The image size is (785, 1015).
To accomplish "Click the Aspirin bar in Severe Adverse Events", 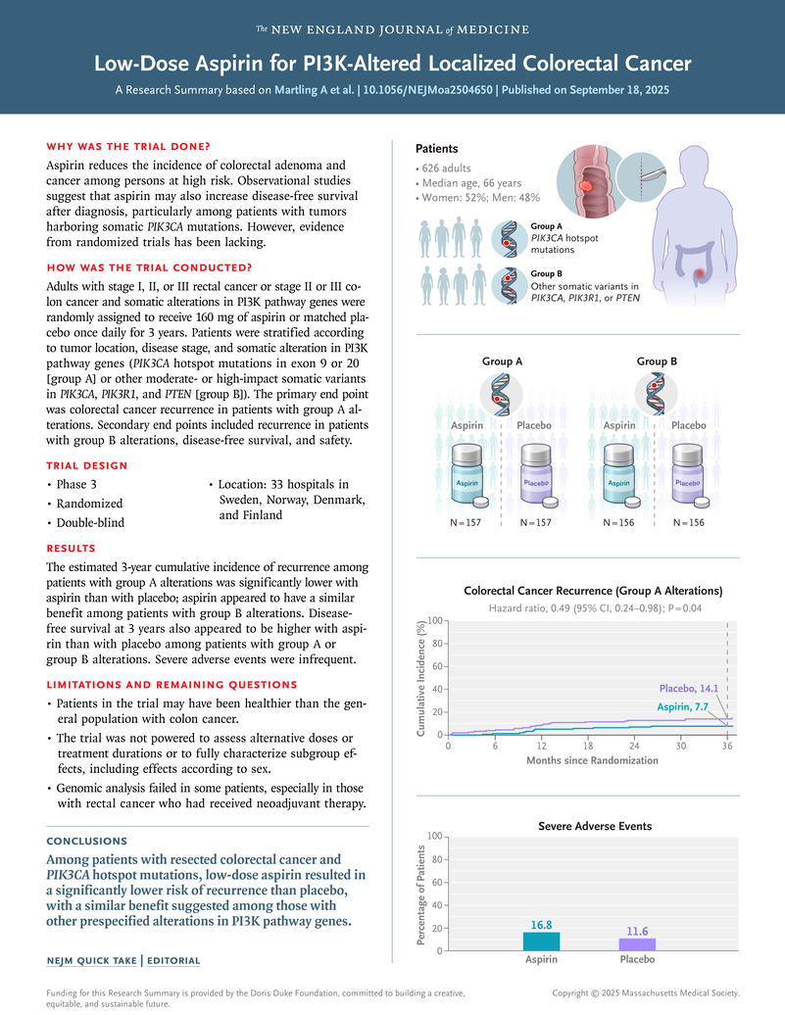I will (542, 941).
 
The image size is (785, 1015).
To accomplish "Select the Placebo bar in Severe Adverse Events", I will (638, 944).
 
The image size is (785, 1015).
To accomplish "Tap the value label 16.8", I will (542, 923).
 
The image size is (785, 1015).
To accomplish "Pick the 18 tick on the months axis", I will (588, 746).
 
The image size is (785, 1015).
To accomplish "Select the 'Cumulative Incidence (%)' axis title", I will (422, 677).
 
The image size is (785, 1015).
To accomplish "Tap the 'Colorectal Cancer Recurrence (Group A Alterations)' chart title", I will (593, 591).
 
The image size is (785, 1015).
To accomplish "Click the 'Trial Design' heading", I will (86, 465).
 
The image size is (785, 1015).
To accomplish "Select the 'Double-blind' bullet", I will (90, 522).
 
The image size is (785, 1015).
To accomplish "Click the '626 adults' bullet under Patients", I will (450, 169).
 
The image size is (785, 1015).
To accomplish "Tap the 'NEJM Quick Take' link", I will (92, 960).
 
